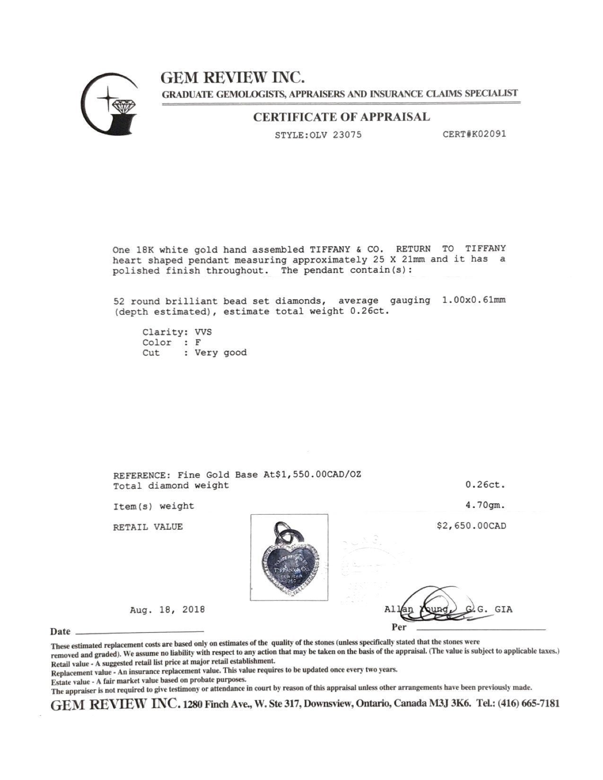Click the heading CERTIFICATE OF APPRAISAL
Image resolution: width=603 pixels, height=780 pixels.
click(341, 117)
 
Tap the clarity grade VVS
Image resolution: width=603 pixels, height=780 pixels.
click(203, 332)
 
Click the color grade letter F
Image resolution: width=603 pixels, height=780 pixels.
click(198, 342)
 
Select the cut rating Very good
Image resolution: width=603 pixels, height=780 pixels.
click(220, 353)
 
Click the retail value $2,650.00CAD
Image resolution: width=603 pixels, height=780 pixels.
click(471, 526)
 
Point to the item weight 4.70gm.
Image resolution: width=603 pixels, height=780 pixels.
click(485, 505)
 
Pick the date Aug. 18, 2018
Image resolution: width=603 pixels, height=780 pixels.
click(167, 610)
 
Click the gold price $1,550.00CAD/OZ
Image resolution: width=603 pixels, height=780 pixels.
click(313, 475)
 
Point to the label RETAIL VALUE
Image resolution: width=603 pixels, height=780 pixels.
click(148, 527)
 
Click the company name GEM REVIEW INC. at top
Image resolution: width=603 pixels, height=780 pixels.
click(232, 77)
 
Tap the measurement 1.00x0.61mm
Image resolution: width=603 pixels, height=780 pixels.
click(473, 301)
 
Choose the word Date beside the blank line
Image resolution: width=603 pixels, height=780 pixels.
click(60, 632)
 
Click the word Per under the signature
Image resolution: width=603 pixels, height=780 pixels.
click(399, 628)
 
